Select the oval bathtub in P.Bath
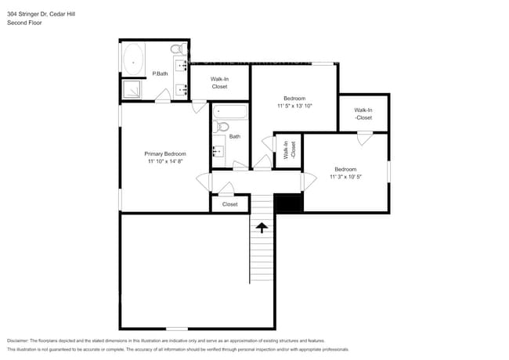tap(132, 59)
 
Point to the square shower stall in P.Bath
tap(133, 91)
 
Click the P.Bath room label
tap(160, 74)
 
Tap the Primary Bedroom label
tap(164, 154)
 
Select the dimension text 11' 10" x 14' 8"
tap(164, 162)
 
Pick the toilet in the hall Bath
tap(222, 126)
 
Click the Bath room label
tap(234, 136)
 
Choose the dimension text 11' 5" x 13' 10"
tap(294, 106)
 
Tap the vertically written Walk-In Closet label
tap(289, 150)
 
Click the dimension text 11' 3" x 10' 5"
tap(345, 177)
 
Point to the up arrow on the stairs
tap(261, 226)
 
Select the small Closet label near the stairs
tap(229, 204)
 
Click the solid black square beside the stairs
tap(289, 203)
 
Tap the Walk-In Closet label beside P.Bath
tap(219, 82)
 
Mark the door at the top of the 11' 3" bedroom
tap(364, 139)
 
